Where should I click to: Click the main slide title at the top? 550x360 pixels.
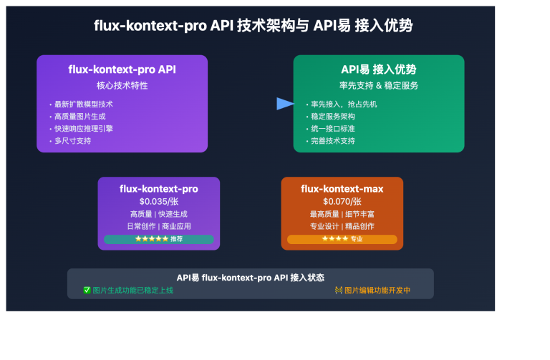(x=253, y=26)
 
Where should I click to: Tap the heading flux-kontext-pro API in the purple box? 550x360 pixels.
(x=122, y=69)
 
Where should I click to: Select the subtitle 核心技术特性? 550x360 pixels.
(x=122, y=86)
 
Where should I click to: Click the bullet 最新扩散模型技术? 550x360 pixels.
(x=83, y=104)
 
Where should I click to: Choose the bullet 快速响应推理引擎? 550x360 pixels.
(x=83, y=129)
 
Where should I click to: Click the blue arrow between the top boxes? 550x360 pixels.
(x=285, y=104)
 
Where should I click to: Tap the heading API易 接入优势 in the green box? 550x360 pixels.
(x=378, y=69)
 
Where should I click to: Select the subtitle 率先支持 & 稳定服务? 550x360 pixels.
(x=378, y=86)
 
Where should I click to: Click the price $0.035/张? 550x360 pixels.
(x=158, y=202)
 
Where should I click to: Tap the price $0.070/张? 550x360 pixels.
(x=342, y=202)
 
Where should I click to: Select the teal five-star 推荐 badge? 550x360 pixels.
(x=158, y=239)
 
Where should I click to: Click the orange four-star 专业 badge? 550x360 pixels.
(x=342, y=239)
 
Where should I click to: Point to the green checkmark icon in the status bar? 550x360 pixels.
(x=87, y=291)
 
